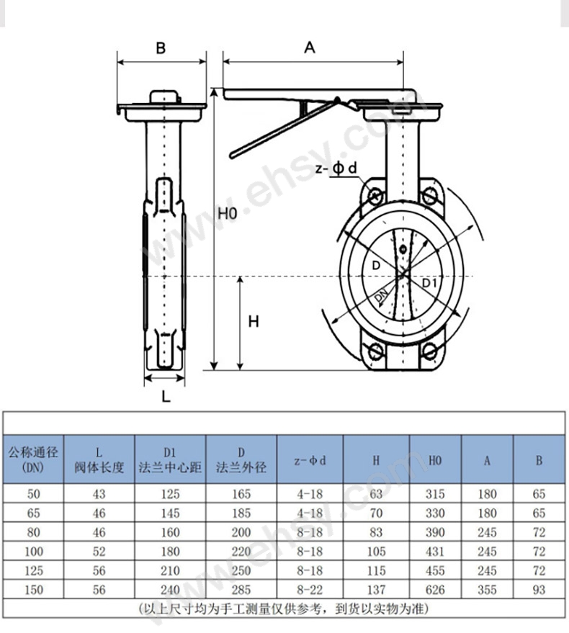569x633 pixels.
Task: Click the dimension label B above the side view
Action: [x=161, y=48]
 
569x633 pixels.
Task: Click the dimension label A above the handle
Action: [x=309, y=48]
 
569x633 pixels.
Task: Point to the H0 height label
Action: [x=228, y=213]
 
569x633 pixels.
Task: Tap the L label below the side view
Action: [x=166, y=396]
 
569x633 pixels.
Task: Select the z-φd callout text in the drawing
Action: [x=336, y=169]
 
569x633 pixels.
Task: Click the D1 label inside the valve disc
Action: [x=430, y=282]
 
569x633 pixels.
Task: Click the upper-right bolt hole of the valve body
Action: [x=429, y=197]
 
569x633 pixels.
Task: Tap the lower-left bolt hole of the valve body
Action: [x=375, y=351]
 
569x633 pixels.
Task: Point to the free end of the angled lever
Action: [x=233, y=155]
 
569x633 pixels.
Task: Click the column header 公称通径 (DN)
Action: [x=33, y=459]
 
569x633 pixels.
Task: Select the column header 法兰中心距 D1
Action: [x=170, y=459]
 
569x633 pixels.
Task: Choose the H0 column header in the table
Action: [x=435, y=460]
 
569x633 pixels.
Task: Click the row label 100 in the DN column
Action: [x=34, y=551]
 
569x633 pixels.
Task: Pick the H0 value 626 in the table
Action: [x=435, y=590]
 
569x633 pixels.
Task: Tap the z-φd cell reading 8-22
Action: [x=310, y=590]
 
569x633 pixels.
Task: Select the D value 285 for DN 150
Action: [x=241, y=590]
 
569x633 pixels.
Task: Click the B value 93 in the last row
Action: [x=539, y=590]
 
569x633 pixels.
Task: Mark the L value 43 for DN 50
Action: [x=99, y=494]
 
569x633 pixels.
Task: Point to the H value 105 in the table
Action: [x=376, y=551]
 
